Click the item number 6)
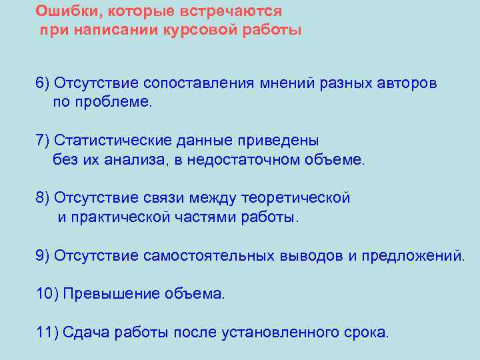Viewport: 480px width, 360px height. click(43, 83)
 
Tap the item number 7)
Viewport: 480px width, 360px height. click(43, 141)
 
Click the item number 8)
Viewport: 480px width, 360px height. click(43, 198)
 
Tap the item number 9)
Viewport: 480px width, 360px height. click(43, 255)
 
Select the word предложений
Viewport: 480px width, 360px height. click(411, 255)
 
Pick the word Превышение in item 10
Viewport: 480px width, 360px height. click(109, 294)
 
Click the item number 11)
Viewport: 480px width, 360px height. click(47, 333)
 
